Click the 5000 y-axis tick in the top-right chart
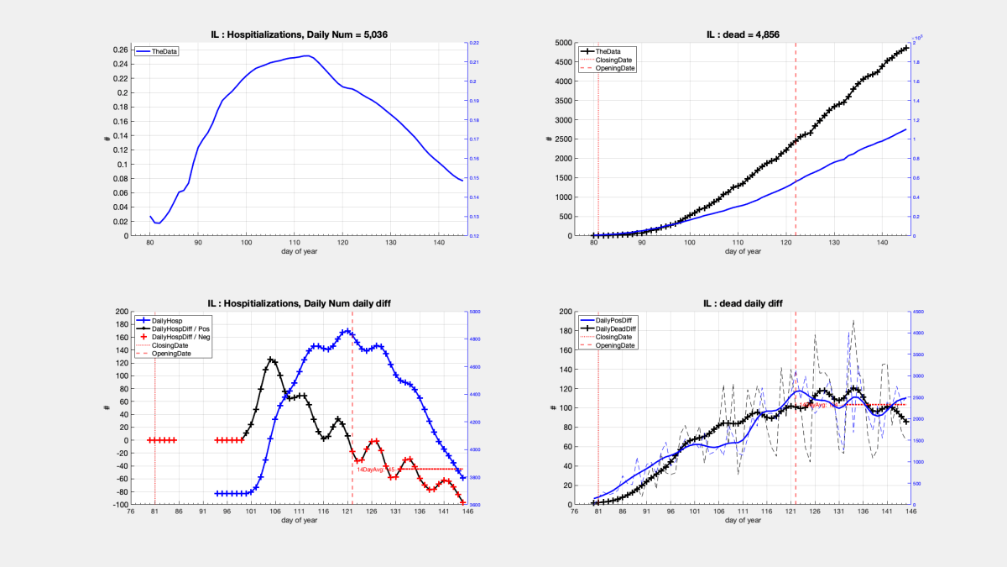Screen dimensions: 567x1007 [x=561, y=43]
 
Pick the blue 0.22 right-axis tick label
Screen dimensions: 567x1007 [x=474, y=43]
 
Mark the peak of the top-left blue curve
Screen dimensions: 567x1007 [x=308, y=56]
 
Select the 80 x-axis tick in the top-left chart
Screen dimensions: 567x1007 [x=150, y=244]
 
